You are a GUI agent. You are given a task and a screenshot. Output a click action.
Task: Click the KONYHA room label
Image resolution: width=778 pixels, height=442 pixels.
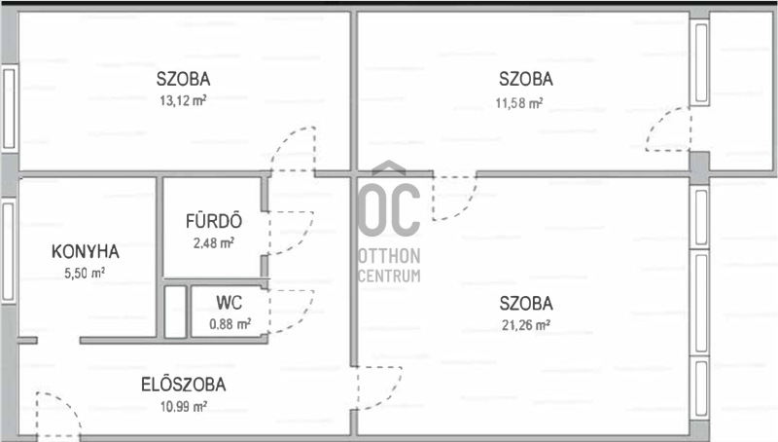tap(86, 252)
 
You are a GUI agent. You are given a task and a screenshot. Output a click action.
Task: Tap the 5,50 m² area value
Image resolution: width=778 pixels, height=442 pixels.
tap(85, 273)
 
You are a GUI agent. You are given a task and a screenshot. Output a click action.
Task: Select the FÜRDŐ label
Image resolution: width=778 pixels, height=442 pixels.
tap(214, 220)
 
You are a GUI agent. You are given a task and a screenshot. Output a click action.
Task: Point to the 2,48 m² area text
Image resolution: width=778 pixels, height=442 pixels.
tap(214, 242)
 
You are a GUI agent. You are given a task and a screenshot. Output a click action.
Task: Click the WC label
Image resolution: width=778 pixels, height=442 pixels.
tap(230, 303)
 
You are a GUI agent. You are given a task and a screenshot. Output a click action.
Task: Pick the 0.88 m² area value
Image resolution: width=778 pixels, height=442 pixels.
tap(230, 324)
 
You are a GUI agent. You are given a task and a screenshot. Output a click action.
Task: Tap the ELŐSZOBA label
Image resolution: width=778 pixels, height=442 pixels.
tap(184, 385)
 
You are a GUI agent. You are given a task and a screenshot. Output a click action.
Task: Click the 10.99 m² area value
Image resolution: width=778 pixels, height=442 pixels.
tap(184, 407)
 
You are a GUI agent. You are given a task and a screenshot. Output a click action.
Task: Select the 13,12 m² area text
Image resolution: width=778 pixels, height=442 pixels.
tap(183, 101)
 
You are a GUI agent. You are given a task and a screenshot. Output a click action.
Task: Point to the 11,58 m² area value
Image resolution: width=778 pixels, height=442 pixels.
tap(519, 103)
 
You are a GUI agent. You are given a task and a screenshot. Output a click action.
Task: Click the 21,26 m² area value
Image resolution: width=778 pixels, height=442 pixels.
tap(526, 325)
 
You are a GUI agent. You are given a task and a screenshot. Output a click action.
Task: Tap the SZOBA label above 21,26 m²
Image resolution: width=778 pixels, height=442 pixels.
tap(526, 303)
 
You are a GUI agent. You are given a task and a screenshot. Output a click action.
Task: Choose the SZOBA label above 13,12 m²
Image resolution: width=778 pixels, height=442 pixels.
tap(183, 79)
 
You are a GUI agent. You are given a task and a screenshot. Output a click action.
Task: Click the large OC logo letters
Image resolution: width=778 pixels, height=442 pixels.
tap(388, 203)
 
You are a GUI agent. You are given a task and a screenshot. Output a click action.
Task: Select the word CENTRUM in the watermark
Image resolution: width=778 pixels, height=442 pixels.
tap(389, 276)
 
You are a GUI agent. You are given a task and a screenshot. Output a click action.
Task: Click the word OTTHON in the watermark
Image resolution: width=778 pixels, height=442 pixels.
tap(389, 256)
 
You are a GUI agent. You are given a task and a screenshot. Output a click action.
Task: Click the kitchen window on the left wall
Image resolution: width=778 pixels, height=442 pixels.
tap(8, 251)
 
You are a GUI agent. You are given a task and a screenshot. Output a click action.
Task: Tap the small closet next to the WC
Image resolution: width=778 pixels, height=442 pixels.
tap(175, 312)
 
